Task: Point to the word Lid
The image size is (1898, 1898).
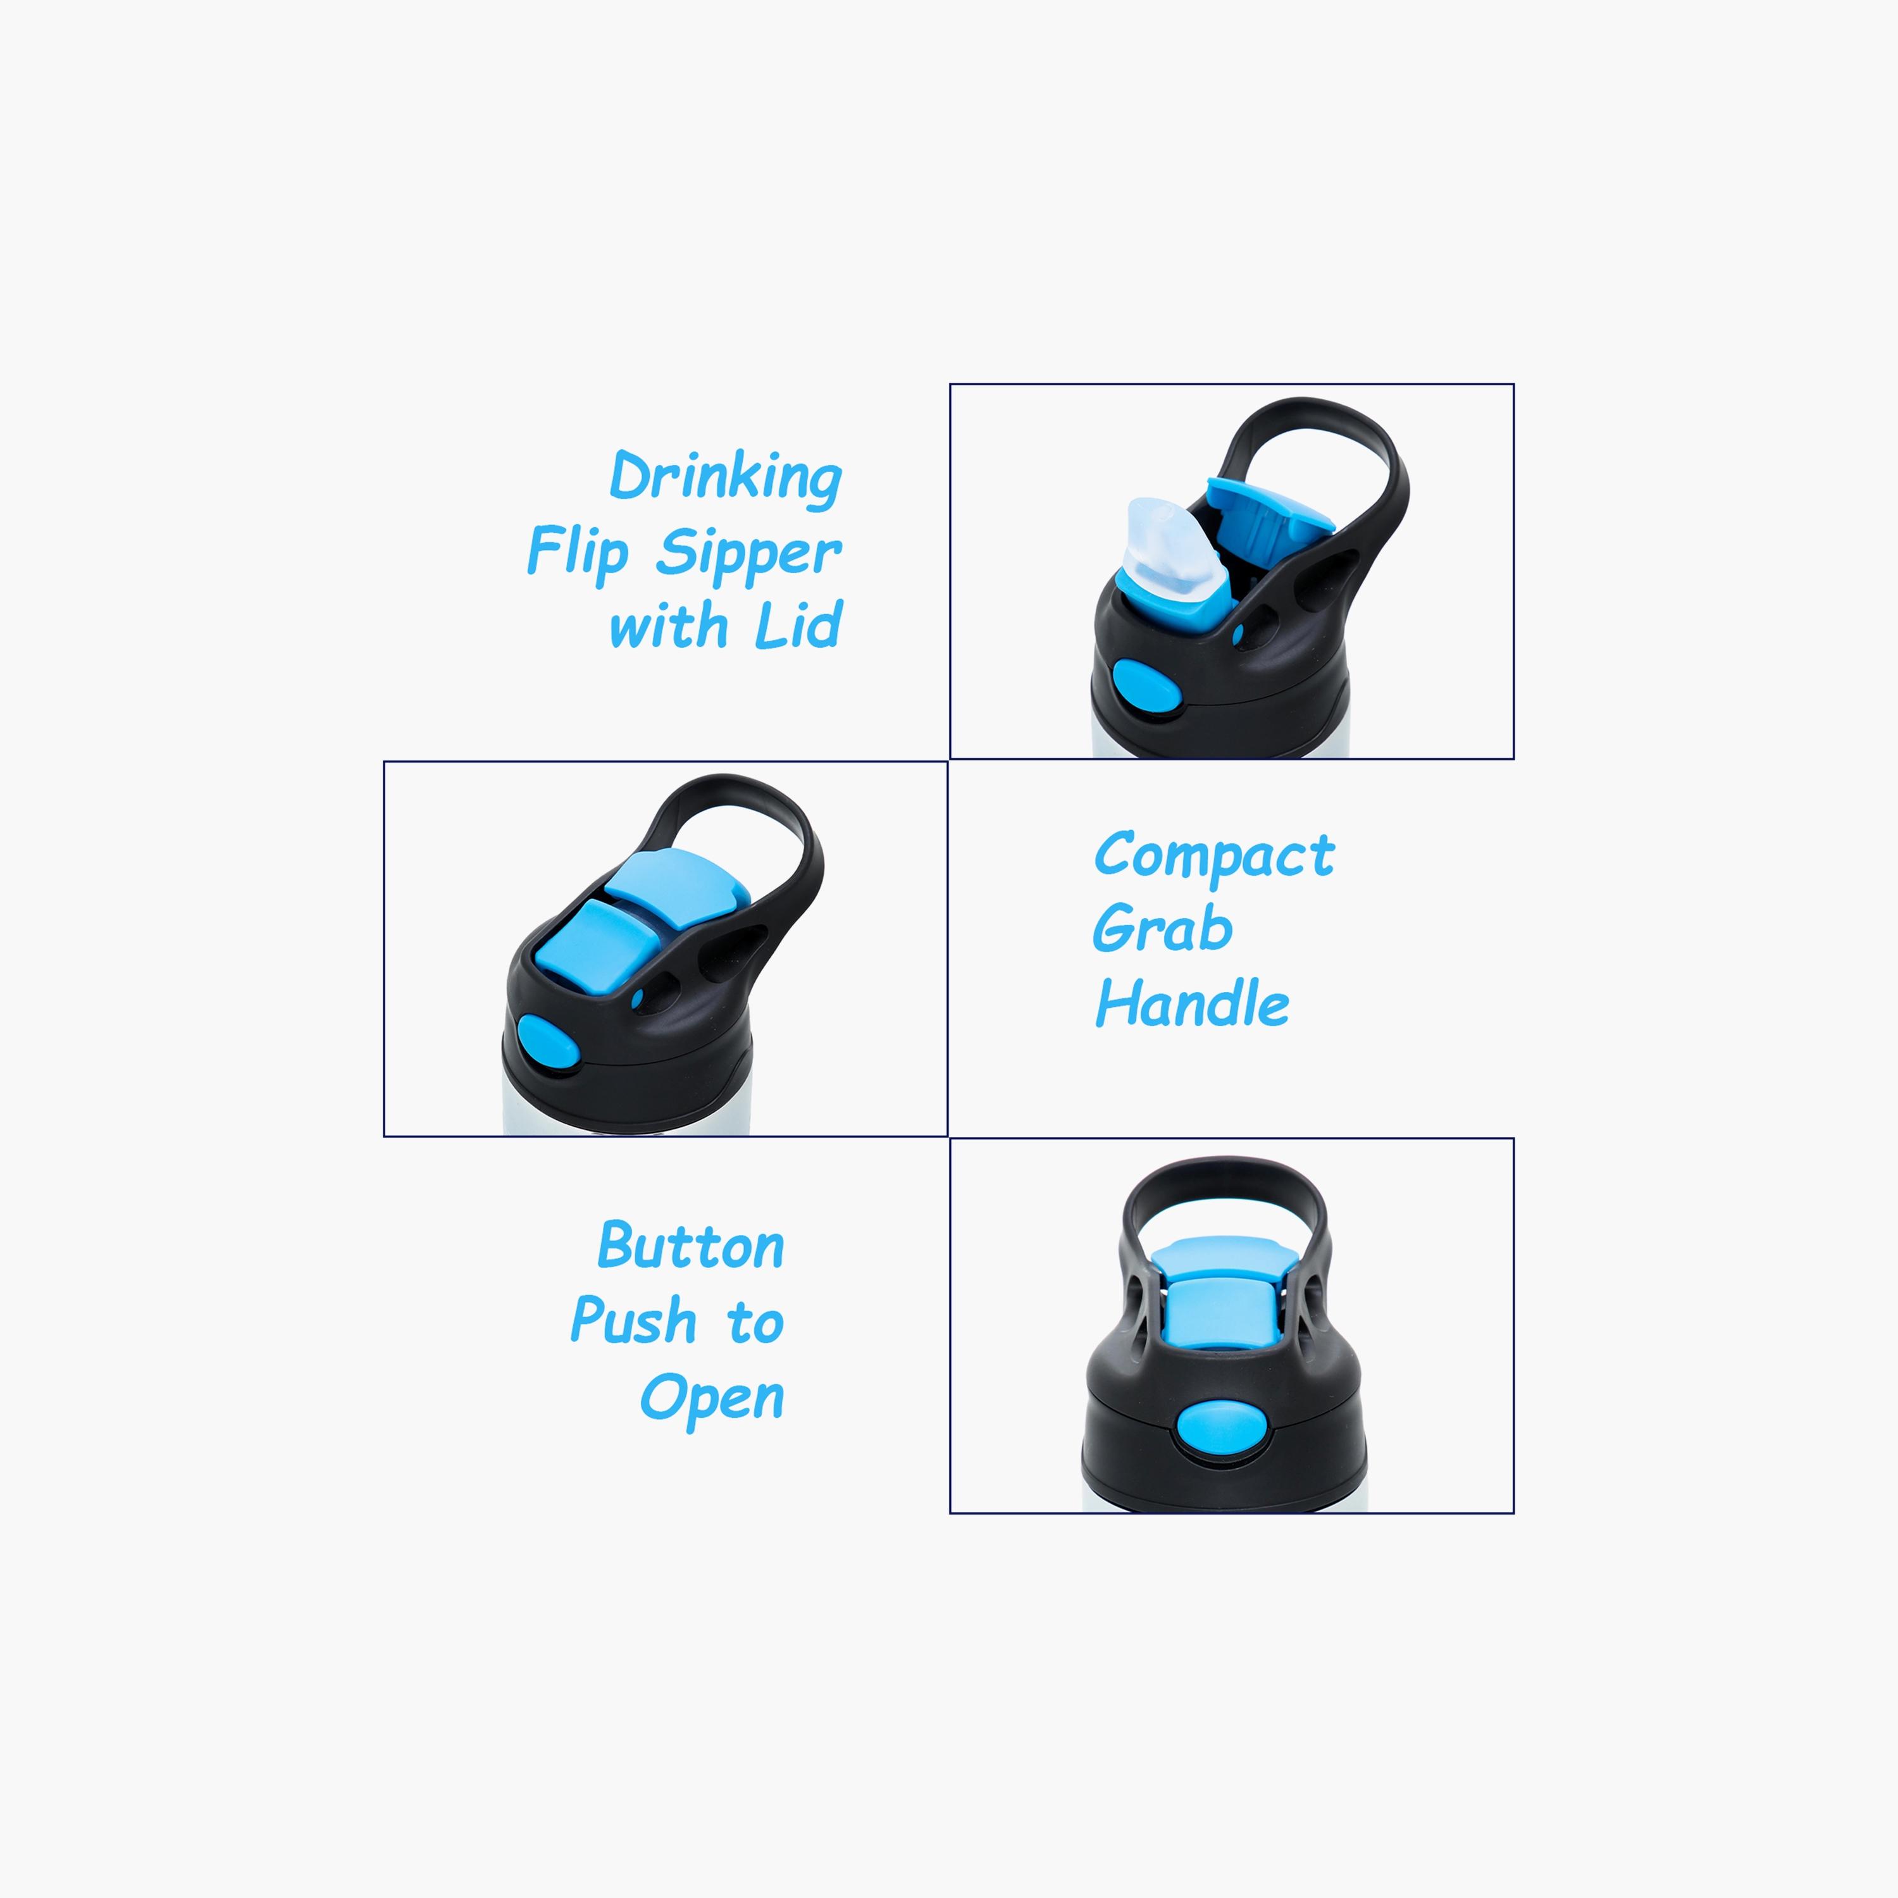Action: (x=798, y=625)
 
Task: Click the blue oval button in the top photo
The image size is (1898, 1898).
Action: (x=1146, y=686)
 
